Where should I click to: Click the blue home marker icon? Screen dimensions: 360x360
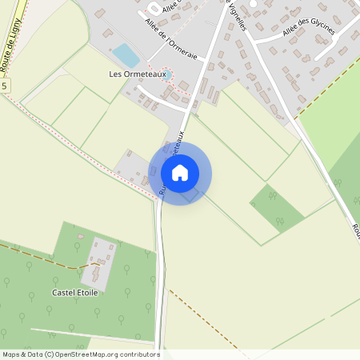[x=180, y=172]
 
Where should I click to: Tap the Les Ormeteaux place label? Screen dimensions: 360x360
[x=135, y=74]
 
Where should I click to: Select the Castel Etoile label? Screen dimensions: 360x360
[x=74, y=293]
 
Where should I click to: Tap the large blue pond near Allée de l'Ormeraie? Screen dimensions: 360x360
[x=126, y=55]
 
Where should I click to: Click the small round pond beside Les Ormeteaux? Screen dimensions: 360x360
[x=168, y=74]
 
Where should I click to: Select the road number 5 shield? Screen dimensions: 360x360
[x=4, y=85]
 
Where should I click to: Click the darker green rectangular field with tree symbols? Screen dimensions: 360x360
[x=277, y=208]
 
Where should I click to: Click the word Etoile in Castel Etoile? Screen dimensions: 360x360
[x=86, y=293]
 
